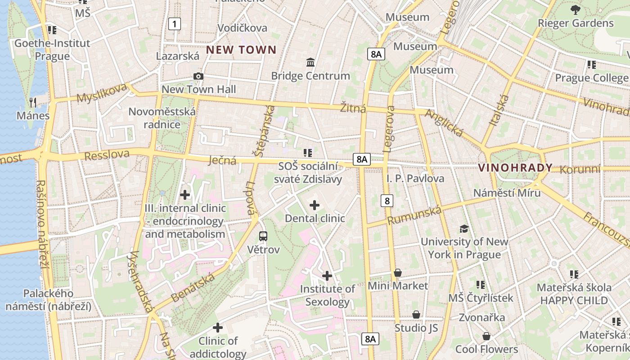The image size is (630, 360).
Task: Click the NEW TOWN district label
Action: [241, 50]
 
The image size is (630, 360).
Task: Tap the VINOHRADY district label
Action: [515, 168]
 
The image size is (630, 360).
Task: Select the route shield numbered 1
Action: [174, 24]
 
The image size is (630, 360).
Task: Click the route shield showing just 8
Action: [387, 200]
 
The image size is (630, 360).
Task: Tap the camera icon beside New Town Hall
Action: [198, 76]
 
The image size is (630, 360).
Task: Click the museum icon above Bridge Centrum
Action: [310, 63]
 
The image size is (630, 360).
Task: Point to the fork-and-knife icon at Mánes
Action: [32, 102]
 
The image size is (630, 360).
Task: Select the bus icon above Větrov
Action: [263, 236]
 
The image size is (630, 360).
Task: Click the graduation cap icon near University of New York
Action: [464, 229]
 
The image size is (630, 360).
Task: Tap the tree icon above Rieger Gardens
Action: [575, 9]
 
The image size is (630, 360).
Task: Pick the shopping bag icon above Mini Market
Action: [398, 273]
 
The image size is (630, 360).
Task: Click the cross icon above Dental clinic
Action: [315, 206]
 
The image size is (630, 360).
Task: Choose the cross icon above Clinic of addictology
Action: [218, 328]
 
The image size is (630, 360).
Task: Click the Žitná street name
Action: [353, 108]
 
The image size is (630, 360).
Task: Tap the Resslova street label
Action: [107, 156]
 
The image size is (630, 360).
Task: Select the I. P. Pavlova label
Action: [415, 179]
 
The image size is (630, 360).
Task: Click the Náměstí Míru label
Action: [507, 193]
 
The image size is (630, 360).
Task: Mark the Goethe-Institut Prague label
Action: [52, 49]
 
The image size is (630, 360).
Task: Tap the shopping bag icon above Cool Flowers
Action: [486, 336]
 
